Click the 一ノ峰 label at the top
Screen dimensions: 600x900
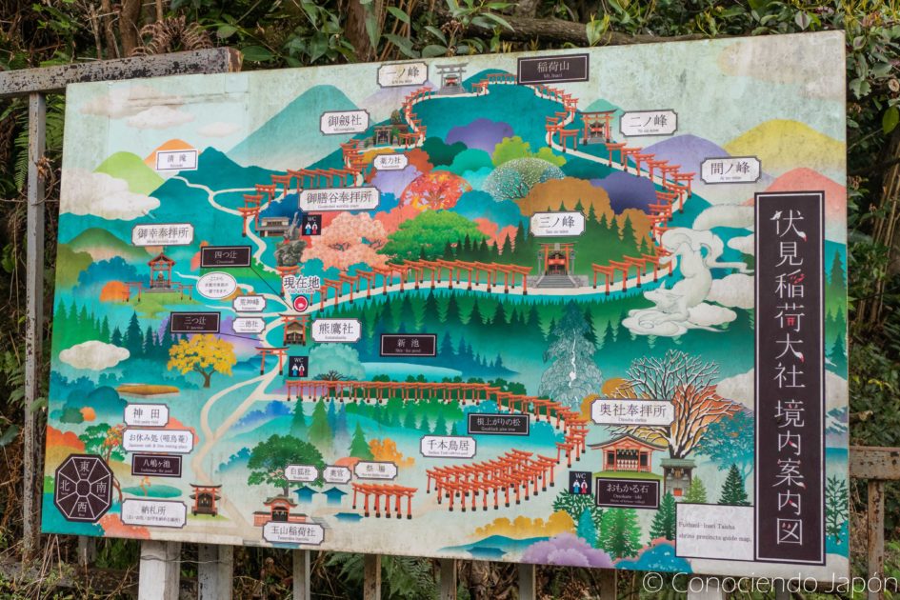(x=402, y=74)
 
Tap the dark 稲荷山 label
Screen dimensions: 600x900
(x=552, y=69)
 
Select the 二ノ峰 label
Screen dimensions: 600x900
(x=648, y=123)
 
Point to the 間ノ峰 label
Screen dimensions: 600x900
(x=730, y=170)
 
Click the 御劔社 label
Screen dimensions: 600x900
(x=344, y=122)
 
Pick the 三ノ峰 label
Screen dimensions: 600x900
(x=557, y=224)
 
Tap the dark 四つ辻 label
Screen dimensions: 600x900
(x=226, y=256)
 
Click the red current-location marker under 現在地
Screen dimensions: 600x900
(x=301, y=304)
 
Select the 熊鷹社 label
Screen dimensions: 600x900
(x=335, y=330)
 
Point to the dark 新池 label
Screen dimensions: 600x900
(x=408, y=345)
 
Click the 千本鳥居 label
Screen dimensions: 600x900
(x=448, y=447)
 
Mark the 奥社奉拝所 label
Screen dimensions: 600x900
(x=631, y=411)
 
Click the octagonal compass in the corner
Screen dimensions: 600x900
(x=84, y=488)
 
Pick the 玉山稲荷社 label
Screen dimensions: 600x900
(x=292, y=533)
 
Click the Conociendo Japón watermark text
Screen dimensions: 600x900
(x=769, y=583)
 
